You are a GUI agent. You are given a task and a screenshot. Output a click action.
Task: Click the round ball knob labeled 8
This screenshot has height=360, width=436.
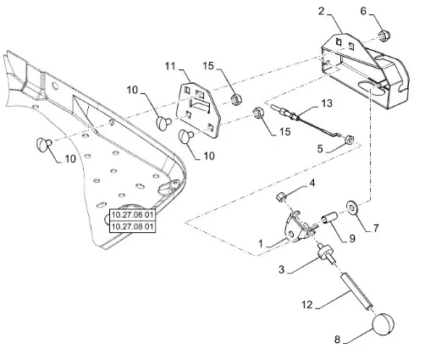383,324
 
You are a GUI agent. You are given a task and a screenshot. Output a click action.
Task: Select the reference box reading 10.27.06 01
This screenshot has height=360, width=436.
132,215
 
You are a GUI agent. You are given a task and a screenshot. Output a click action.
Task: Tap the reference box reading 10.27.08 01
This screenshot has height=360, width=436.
132,227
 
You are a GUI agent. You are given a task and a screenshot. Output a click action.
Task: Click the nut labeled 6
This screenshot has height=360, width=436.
384,36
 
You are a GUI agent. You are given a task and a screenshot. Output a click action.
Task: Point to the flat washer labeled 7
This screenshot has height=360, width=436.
352,208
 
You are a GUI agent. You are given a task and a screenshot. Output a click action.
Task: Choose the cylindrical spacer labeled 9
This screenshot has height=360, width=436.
329,219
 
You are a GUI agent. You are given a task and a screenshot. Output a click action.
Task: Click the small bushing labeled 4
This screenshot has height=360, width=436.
280,197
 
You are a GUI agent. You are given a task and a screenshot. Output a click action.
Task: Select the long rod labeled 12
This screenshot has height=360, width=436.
357,292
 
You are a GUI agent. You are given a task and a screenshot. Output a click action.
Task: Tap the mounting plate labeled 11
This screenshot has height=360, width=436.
198,109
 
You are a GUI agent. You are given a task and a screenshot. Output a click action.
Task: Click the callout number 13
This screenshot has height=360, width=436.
327,103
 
